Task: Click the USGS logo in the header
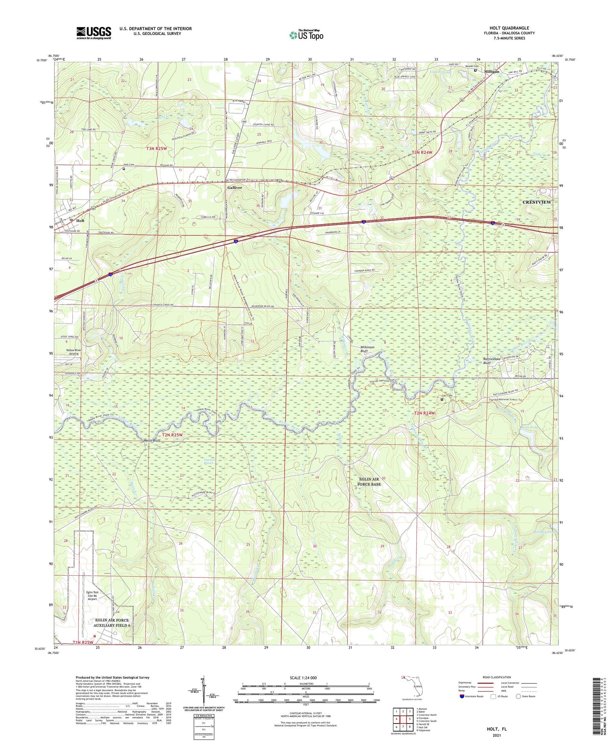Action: (94, 33)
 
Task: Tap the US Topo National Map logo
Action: (306, 35)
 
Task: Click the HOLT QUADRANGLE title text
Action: (509, 28)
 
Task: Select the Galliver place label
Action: (234, 187)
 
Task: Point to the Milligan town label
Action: (492, 72)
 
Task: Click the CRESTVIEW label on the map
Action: (537, 202)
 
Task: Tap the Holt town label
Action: (80, 221)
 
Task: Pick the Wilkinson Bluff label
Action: (367, 349)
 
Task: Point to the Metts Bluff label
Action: (151, 441)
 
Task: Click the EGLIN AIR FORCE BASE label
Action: (370, 482)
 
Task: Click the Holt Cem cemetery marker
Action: (124, 168)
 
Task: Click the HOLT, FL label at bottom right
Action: (497, 729)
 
